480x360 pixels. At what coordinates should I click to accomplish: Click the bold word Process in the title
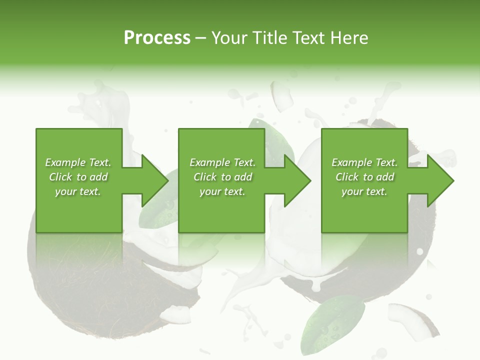click(157, 38)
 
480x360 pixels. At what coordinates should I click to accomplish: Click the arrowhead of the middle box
click(296, 180)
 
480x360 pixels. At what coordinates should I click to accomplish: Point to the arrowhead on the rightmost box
click(439, 180)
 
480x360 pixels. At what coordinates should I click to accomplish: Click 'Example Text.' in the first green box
click(78, 162)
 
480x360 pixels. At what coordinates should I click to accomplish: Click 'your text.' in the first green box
click(78, 191)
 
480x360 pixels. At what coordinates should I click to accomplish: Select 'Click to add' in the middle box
click(222, 177)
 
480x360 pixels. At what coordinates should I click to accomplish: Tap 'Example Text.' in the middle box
click(222, 162)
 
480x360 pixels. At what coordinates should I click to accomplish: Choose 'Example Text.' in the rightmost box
click(364, 162)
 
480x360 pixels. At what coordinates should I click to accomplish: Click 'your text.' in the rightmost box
click(364, 191)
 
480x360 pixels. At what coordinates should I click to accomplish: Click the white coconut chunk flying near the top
click(282, 95)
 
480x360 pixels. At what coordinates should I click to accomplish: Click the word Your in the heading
click(229, 38)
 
